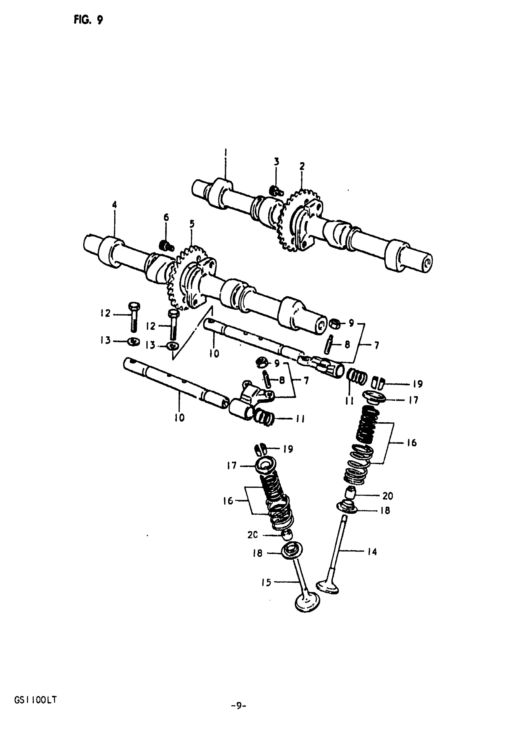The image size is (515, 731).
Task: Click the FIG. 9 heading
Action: (x=88, y=20)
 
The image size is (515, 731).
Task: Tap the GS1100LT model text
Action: (x=35, y=700)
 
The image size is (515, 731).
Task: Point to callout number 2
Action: (x=302, y=166)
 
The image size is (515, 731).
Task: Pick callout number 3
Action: (x=276, y=162)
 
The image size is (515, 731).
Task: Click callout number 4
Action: (x=115, y=205)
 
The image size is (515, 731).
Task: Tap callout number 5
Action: (x=192, y=224)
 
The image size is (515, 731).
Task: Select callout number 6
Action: (x=166, y=217)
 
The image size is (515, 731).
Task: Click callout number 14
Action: (x=372, y=552)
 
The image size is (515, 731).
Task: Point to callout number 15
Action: (x=266, y=582)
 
